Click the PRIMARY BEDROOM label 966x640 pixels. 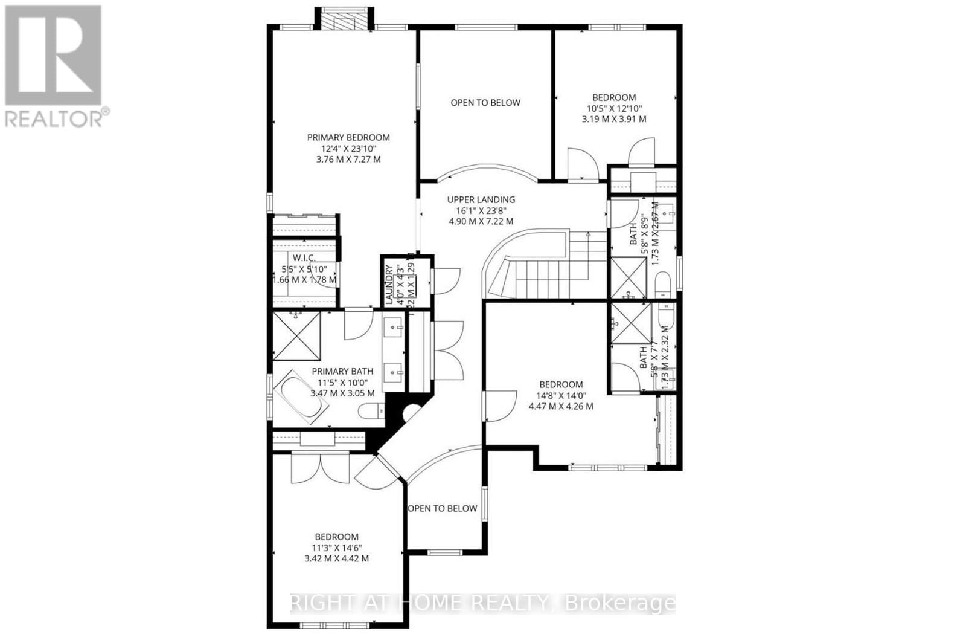tap(348, 137)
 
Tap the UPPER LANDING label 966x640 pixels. tap(481, 199)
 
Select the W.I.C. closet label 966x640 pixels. tap(307, 259)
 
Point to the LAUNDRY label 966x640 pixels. tap(389, 284)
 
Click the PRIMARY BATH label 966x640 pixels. tap(342, 371)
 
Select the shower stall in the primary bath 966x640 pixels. tap(296, 337)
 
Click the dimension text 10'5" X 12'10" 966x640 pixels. tap(613, 108)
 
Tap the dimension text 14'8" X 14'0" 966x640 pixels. tap(561, 395)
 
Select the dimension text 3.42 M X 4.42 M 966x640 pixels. tap(336, 558)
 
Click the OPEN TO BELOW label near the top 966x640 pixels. tap(485, 103)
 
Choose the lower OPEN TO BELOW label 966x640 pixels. tap(443, 508)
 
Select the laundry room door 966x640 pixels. tap(445, 280)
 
